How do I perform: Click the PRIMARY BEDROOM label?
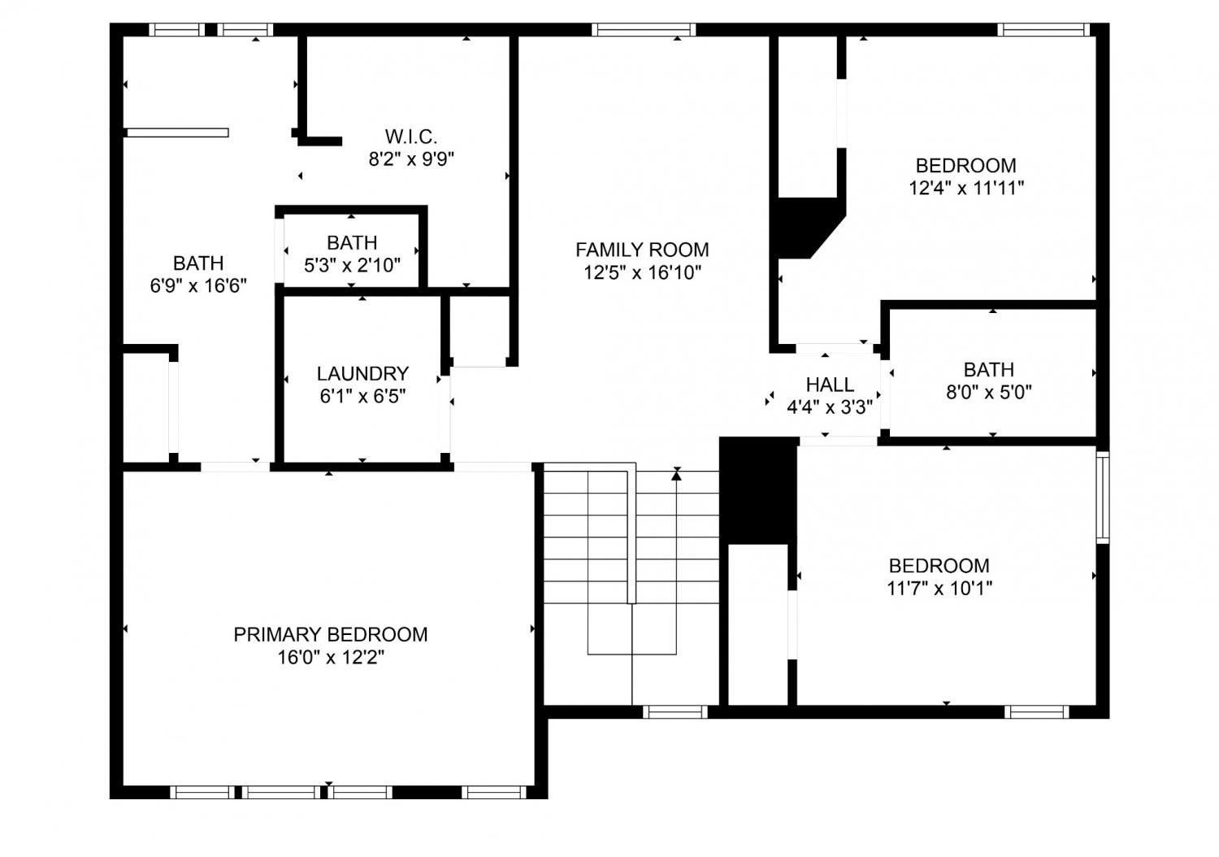coord(330,635)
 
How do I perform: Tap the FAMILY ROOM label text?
coord(642,250)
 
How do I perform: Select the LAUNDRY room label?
coord(362,373)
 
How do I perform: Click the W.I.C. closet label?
coord(411,136)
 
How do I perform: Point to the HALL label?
coord(830,385)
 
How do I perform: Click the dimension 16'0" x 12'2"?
coord(331,658)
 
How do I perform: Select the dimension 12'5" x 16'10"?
coord(642,272)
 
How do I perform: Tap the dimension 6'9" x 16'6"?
coord(198,285)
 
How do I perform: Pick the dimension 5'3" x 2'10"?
coord(352,265)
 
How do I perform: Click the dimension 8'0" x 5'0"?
coord(989,392)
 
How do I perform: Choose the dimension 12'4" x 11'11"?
coord(966,189)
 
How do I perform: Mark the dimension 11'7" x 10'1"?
coord(939,589)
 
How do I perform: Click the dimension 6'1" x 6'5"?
coord(362,396)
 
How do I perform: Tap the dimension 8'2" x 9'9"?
coord(411,159)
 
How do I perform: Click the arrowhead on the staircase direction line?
coord(676,475)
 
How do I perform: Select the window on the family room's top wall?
coord(644,29)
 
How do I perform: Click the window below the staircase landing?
coord(675,711)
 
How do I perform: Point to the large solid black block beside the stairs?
coord(758,490)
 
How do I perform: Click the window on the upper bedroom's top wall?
coord(1043,29)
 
